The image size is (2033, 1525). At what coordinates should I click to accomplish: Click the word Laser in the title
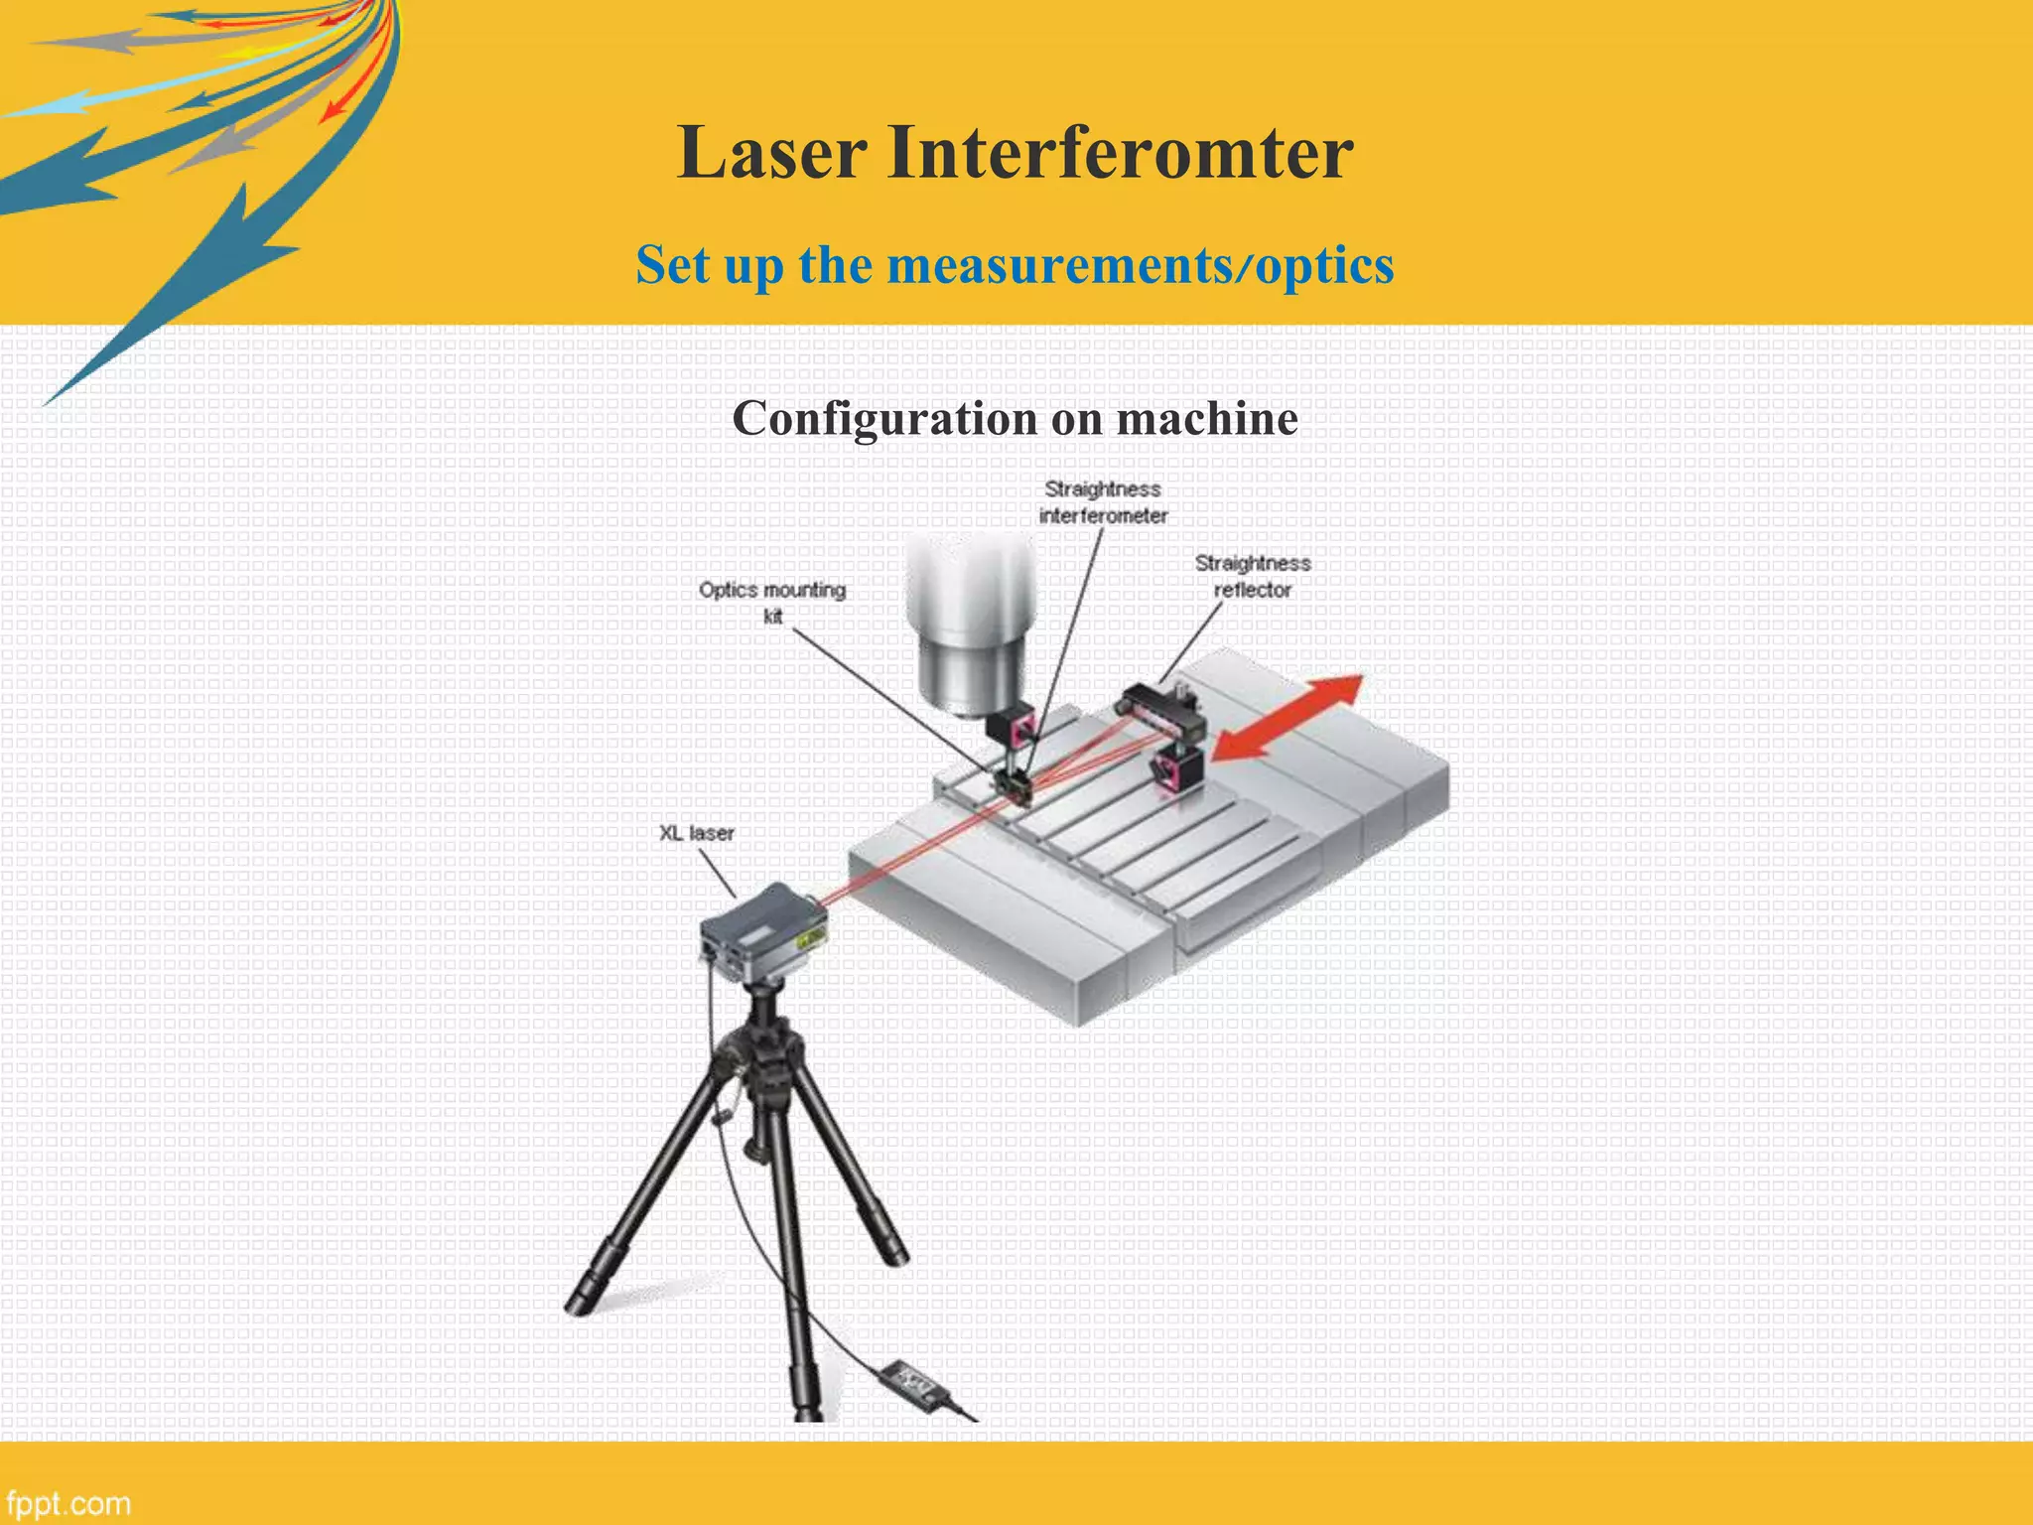click(771, 153)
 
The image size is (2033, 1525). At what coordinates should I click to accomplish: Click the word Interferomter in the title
click(1120, 153)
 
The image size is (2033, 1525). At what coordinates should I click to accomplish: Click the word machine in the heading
click(1206, 418)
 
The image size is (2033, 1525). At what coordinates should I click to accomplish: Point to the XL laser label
click(697, 833)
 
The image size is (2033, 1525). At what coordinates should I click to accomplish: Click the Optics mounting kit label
click(772, 602)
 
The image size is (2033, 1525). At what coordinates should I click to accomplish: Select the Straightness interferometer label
click(1103, 501)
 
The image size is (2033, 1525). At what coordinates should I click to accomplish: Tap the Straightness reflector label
click(1252, 576)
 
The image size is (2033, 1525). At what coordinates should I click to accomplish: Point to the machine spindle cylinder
click(970, 625)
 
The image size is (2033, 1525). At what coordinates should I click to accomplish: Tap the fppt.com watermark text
click(68, 1503)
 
